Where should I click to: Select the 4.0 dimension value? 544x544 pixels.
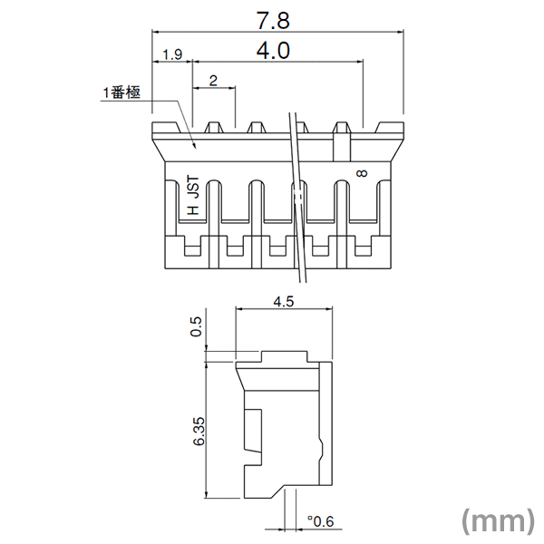pos(273,52)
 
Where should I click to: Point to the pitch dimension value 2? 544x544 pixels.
pos(212,81)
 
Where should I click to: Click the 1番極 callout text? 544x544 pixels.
pos(120,92)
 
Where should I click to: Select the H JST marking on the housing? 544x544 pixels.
pos(191,197)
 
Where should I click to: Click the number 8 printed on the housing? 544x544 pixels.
pos(363,174)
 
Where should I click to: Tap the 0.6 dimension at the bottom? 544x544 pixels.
pos(319,521)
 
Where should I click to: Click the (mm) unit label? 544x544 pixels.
pos(498,520)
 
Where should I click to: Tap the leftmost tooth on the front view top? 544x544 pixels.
pos(162,127)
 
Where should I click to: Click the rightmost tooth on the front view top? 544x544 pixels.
pos(390,127)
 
